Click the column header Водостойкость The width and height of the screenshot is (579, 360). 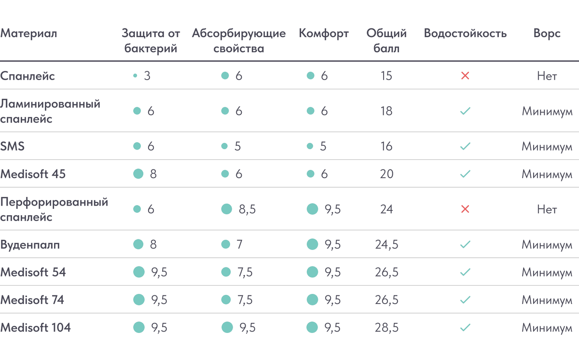(465, 34)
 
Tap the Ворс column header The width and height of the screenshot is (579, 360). (547, 34)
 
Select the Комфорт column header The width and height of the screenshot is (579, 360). (323, 34)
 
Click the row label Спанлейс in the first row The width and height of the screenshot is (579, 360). (28, 76)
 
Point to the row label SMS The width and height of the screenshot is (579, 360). (13, 146)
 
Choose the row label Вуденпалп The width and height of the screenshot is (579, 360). (30, 245)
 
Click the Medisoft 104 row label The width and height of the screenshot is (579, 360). (36, 328)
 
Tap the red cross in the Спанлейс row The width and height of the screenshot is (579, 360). (465, 76)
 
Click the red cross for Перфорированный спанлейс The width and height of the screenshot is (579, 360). (465, 209)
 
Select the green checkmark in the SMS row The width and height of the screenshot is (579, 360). (465, 146)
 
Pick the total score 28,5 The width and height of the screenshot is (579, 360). (386, 328)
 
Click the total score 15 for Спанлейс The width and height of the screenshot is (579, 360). (386, 76)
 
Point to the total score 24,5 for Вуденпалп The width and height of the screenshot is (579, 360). (386, 245)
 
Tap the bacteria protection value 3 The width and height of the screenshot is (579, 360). (147, 76)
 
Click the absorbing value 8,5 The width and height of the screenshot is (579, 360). (247, 209)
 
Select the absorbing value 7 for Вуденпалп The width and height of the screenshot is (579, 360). (239, 245)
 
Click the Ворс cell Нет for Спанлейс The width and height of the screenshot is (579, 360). (547, 76)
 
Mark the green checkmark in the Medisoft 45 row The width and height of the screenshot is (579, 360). (465, 174)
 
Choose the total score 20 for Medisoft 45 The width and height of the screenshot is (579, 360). (386, 174)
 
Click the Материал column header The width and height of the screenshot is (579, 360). (28, 34)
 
